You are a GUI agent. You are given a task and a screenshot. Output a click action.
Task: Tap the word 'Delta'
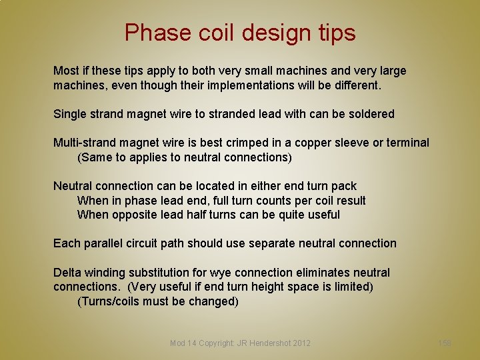pyautogui.click(x=67, y=273)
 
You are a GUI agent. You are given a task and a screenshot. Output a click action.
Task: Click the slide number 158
pyautogui.click(x=445, y=343)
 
